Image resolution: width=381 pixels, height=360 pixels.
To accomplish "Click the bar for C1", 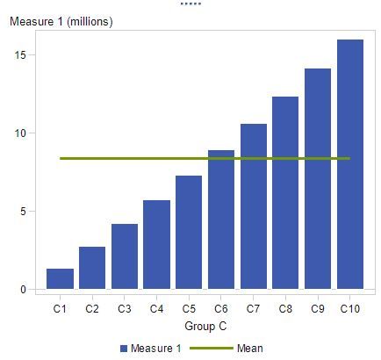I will tap(60, 279).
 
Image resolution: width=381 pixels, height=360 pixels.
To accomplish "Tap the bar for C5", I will tap(189, 233).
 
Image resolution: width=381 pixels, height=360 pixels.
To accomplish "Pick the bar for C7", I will tap(254, 207).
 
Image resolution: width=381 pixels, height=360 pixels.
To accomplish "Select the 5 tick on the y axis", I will tap(32, 212).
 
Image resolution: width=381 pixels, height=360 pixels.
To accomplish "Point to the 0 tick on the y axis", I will tap(32, 290).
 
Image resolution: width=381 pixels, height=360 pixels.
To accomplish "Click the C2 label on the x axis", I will tap(92, 309).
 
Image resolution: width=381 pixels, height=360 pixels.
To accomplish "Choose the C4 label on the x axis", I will tap(156, 309).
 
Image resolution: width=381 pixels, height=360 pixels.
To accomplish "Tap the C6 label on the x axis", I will tap(221, 309).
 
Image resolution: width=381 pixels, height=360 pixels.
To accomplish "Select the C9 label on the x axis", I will tap(318, 309).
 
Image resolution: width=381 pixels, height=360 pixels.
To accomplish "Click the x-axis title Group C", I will tap(205, 326).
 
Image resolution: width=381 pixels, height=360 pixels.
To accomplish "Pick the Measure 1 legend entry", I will tap(151, 349).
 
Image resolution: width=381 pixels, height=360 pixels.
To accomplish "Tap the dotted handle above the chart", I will tap(190, 4).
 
